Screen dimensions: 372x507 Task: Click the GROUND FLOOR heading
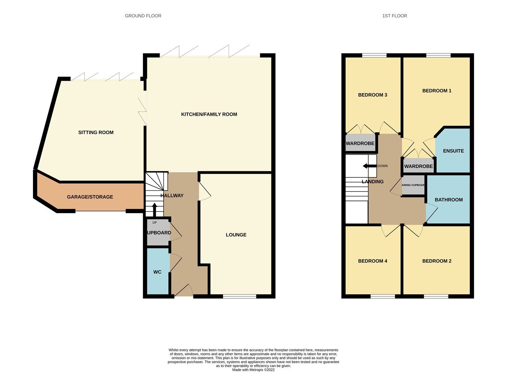(x=143, y=16)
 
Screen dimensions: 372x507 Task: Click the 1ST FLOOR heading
(x=394, y=16)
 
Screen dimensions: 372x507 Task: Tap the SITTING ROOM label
(x=96, y=132)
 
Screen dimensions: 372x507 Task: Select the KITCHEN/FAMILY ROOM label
(x=209, y=114)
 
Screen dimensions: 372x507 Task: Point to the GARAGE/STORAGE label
(x=90, y=197)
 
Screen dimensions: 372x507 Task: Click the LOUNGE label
(x=236, y=235)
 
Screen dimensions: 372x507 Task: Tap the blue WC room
(x=157, y=272)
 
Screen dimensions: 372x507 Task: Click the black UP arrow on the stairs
(x=154, y=209)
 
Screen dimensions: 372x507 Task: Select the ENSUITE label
(x=453, y=151)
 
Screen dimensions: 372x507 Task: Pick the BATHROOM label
(x=448, y=200)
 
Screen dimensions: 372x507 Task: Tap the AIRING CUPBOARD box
(x=413, y=185)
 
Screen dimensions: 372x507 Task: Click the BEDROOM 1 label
(x=437, y=91)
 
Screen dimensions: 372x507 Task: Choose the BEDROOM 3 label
(x=373, y=95)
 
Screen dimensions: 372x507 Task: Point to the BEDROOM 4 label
(x=373, y=261)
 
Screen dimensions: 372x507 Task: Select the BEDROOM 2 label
(x=437, y=261)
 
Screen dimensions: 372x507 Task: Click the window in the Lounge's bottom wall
(x=240, y=296)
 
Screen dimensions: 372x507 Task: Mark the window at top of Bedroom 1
(x=438, y=56)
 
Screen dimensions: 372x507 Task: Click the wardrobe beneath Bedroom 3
(x=360, y=143)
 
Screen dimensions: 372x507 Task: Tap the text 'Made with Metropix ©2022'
(x=253, y=370)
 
